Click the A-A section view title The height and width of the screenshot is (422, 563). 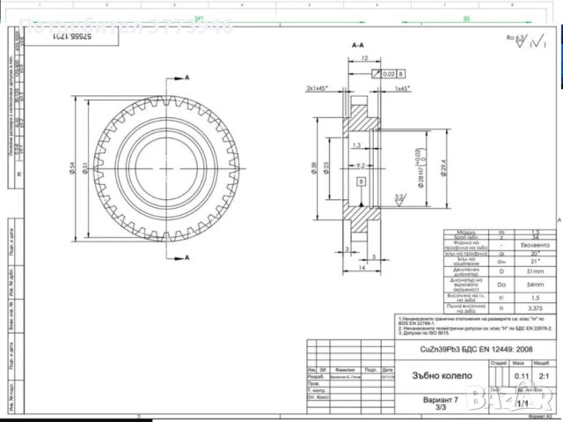(358, 43)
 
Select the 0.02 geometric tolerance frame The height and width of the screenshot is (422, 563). (390, 73)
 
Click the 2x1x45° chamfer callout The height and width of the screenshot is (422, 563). (318, 89)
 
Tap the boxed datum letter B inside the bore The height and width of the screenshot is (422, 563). (361, 182)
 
